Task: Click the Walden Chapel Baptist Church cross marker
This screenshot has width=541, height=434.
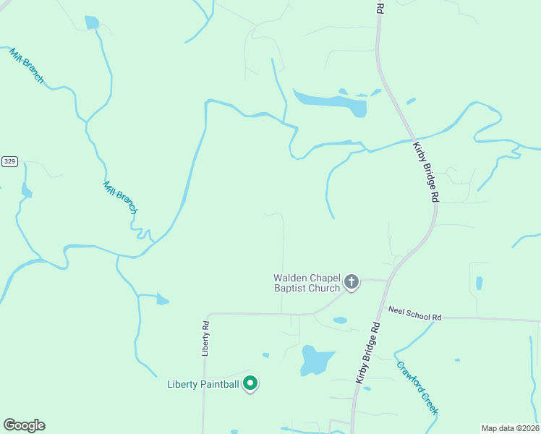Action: [352, 282]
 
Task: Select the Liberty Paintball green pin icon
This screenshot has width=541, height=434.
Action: [250, 383]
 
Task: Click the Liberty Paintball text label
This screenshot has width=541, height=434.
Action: [203, 384]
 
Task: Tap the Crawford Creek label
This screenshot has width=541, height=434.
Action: [417, 386]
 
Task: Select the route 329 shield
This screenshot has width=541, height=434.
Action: [9, 161]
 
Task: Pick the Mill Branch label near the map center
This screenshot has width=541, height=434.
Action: [119, 197]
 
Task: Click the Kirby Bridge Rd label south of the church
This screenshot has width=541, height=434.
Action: [367, 354]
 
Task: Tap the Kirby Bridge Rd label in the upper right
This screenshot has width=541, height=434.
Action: [426, 171]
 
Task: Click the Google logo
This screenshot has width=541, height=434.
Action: [24, 425]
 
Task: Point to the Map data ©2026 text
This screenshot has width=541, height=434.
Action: [510, 428]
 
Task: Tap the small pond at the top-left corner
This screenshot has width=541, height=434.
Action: [92, 22]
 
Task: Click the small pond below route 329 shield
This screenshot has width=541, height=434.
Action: [27, 192]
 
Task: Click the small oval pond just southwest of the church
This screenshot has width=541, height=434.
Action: [340, 320]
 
